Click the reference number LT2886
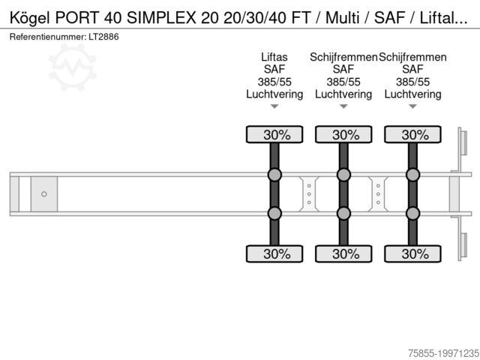tap(103, 36)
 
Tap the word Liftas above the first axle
tap(274, 57)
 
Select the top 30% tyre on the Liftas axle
tap(274, 135)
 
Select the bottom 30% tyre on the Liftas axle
tap(274, 253)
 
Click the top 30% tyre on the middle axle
tap(343, 135)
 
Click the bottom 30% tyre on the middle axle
tap(343, 253)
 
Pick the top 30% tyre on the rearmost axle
tap(412, 135)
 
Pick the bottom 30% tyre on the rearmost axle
tap(412, 253)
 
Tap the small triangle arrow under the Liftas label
tap(274, 106)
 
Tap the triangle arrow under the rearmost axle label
tap(412, 106)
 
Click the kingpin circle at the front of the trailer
tap(44, 194)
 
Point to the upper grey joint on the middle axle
tap(343, 175)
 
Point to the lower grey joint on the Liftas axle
tap(274, 214)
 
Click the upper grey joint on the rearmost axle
tap(412, 175)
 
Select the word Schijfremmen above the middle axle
tap(343, 57)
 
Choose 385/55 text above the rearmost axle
tap(412, 82)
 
